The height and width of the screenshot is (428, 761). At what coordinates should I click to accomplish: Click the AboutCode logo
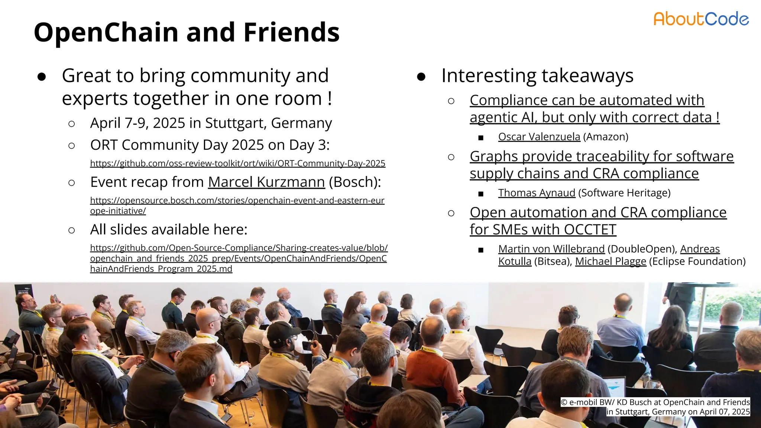[x=701, y=19]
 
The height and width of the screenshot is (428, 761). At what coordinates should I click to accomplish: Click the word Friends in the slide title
[x=291, y=32]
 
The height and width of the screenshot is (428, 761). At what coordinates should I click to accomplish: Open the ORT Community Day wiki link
[x=237, y=163]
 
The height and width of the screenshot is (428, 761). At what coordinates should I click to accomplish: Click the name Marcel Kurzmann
[x=266, y=182]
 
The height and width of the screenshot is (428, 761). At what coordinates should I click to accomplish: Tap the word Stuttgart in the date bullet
[x=236, y=123]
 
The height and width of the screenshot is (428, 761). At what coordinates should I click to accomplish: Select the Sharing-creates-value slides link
[x=239, y=258]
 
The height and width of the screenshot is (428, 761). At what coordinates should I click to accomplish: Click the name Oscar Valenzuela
[x=539, y=137]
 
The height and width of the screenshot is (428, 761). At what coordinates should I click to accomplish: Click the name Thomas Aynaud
[x=537, y=193]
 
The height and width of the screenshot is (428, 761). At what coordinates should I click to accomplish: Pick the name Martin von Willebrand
[x=551, y=249]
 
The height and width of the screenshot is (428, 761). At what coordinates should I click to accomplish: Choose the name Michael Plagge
[x=611, y=262]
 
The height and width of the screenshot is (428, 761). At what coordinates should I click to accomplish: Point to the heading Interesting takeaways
[x=537, y=76]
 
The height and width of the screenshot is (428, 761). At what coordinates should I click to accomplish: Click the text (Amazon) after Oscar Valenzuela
[x=606, y=137]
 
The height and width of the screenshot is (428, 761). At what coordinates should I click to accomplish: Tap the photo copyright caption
[x=655, y=407]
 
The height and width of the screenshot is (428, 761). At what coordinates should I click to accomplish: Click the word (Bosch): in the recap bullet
[x=355, y=182]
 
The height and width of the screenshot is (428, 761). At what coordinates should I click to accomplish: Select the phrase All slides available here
[x=169, y=230]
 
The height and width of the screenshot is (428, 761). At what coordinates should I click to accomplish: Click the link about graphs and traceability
[x=601, y=165]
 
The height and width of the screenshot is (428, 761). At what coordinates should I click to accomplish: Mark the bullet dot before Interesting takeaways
[x=421, y=77]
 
